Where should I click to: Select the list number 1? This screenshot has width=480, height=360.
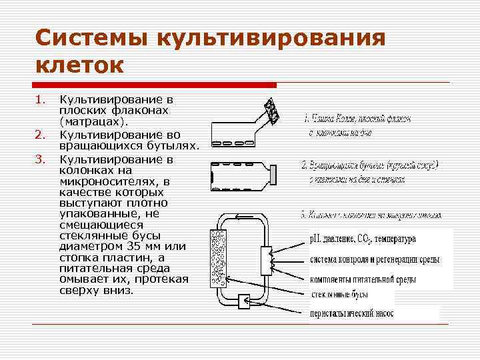pos(40,100)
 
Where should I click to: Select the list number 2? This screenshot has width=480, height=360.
pos(40,136)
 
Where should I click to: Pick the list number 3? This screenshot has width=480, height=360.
pos(40,159)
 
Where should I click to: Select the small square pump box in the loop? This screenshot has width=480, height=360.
pos(242,301)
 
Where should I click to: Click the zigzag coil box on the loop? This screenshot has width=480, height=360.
pos(269,260)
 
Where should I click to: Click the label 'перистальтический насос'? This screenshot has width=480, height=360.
pos(352,313)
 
